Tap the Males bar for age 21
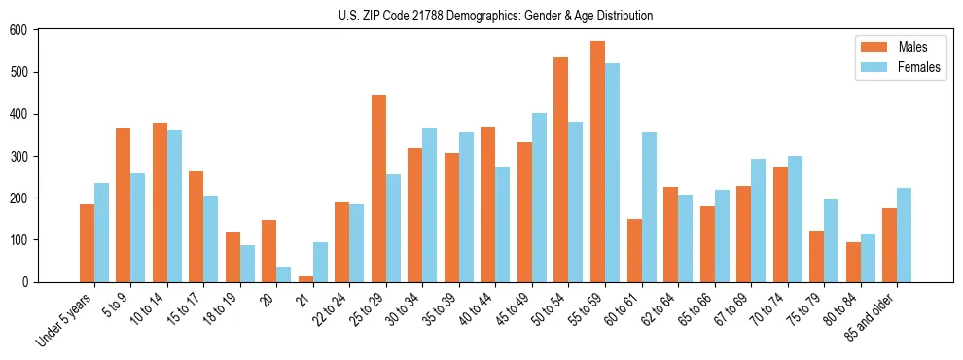(305, 278)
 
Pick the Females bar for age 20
(284, 273)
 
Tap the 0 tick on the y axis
(28, 282)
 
